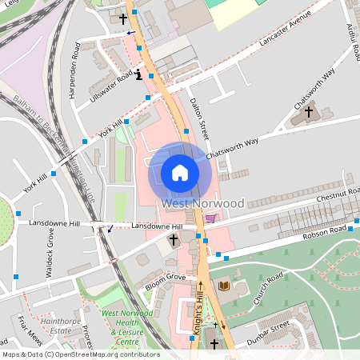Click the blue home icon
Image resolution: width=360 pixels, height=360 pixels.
point(180,173)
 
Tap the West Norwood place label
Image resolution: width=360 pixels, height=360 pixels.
point(202,203)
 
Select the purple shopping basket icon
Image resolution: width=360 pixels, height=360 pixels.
point(210,218)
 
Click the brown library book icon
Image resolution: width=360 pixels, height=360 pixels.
point(223,286)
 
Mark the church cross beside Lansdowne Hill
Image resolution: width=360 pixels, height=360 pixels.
point(173,239)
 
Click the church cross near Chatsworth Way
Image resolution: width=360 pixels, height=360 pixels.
point(309,111)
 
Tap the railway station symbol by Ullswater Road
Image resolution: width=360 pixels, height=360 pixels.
point(139,75)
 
